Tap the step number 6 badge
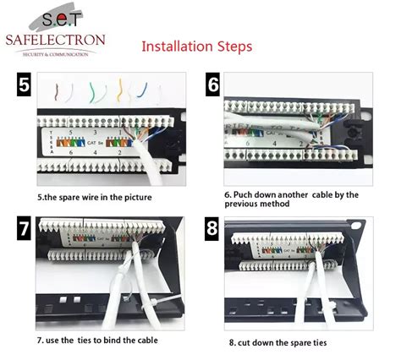click(x=213, y=85)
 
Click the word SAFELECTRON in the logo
click(x=54, y=40)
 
